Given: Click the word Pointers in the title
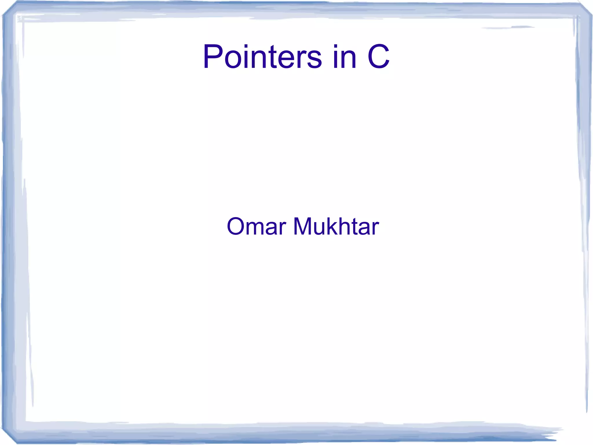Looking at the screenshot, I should tap(262, 57).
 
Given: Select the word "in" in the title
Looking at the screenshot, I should tap(345, 57).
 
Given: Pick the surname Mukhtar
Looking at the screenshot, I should tap(336, 226).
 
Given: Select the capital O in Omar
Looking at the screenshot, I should tap(236, 226).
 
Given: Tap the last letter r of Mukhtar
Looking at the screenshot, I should tap(376, 229).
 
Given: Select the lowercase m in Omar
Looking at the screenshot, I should tap(257, 229).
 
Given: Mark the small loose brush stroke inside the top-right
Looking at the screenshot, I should tap(510, 28).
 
